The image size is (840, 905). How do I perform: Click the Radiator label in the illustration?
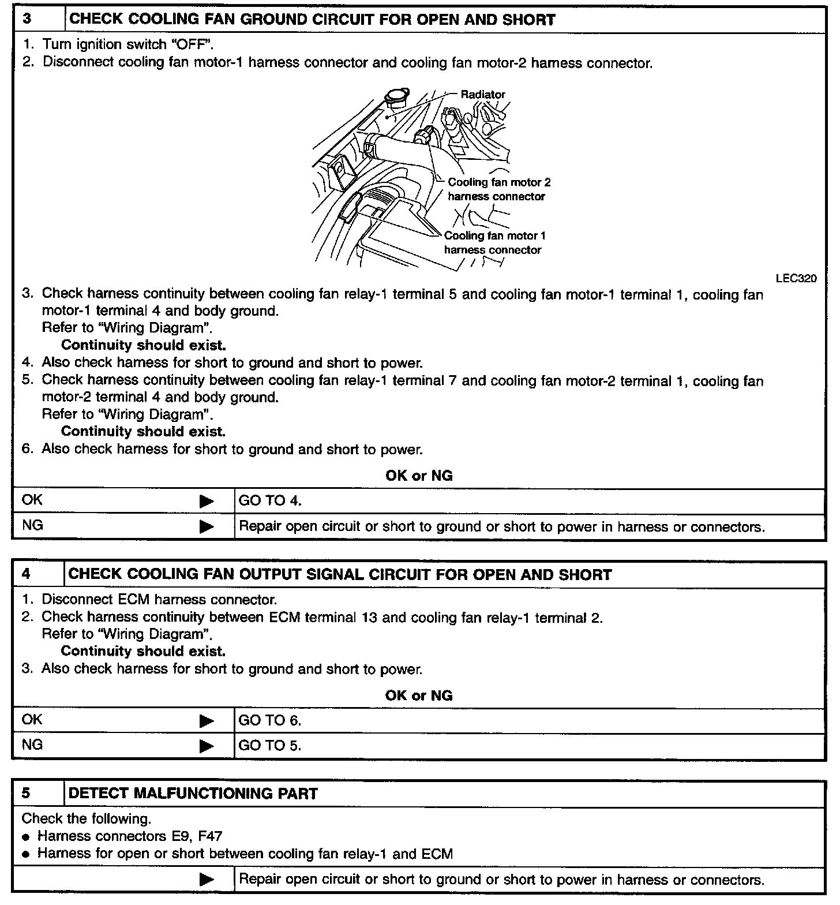click(482, 94)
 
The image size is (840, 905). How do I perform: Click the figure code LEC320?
click(796, 278)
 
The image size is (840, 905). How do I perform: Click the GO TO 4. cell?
click(270, 501)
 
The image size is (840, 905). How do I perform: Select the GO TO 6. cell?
click(270, 720)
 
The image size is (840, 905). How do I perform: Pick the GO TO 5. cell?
click(270, 746)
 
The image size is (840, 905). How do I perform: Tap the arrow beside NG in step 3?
click(207, 527)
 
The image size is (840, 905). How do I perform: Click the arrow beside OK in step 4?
click(207, 721)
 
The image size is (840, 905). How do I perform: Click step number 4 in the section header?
click(27, 574)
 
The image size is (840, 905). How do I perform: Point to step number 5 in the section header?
click(27, 793)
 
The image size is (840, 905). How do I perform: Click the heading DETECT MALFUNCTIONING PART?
click(193, 794)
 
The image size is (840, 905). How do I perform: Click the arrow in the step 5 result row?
click(207, 880)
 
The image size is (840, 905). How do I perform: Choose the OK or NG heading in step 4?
click(419, 695)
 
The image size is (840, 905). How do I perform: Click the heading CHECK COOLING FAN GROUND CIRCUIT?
click(312, 19)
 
